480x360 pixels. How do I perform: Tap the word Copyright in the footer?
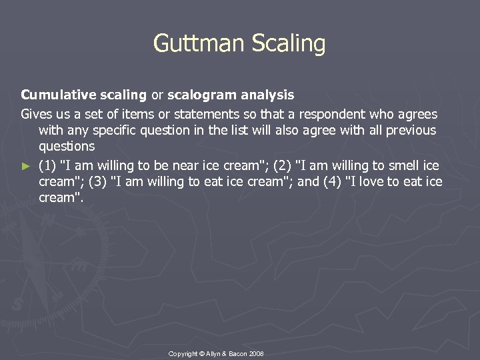(185, 353)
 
